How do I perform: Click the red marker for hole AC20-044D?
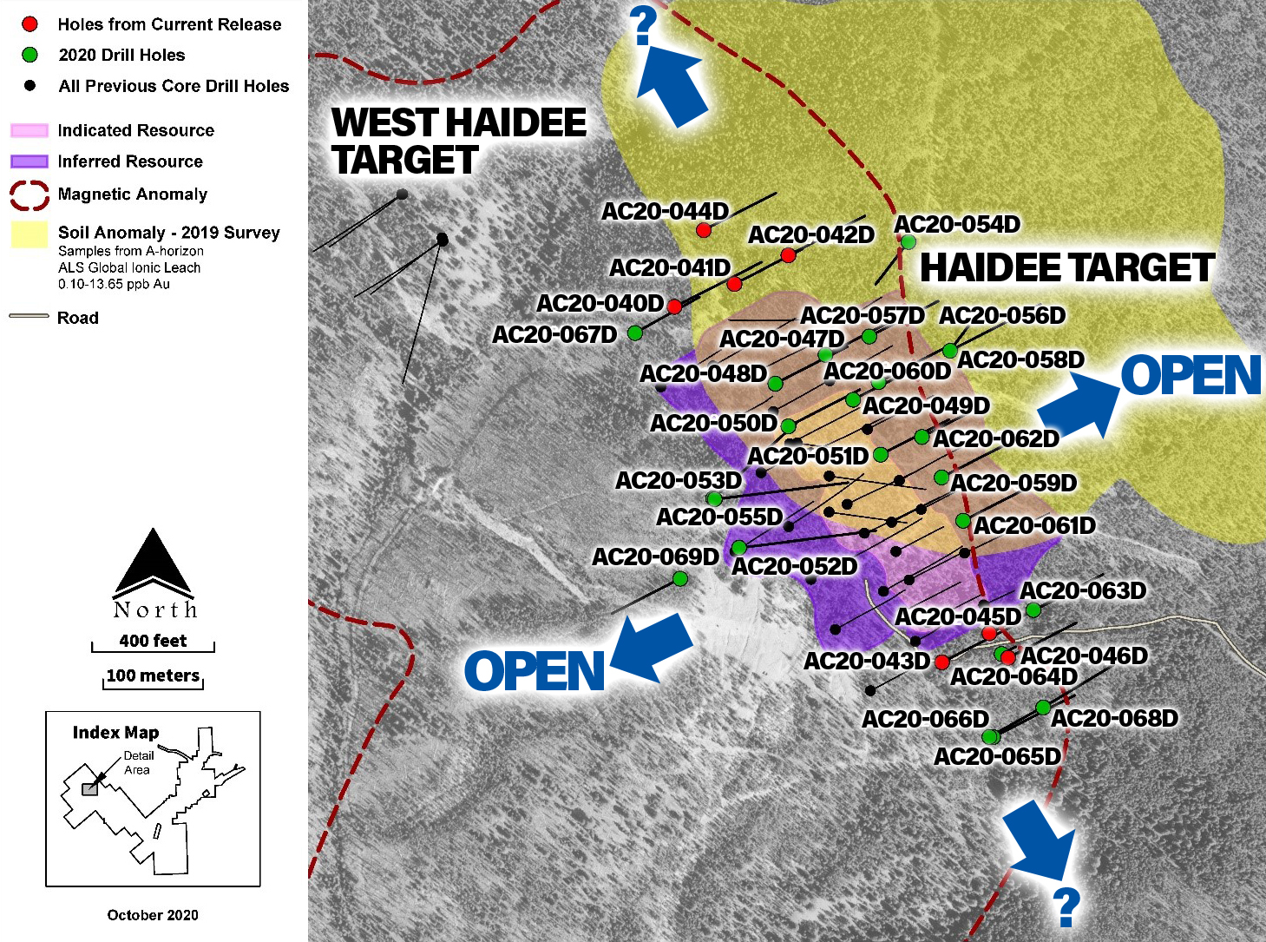click(x=704, y=230)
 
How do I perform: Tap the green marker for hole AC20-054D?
click(x=908, y=241)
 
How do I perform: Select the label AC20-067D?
click(x=554, y=335)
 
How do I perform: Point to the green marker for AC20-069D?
click(x=680, y=578)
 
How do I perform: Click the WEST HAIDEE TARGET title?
click(x=458, y=141)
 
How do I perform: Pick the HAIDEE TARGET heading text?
click(x=1066, y=268)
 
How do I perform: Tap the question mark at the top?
click(x=644, y=26)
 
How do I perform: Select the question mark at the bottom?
click(x=1067, y=907)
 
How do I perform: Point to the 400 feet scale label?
click(x=153, y=641)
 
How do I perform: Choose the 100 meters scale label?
click(x=153, y=675)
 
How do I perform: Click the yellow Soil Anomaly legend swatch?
click(x=30, y=234)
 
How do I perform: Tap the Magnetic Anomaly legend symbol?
click(x=30, y=195)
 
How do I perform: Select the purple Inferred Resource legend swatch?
click(x=30, y=161)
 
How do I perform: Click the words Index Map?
click(x=115, y=733)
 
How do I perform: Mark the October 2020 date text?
click(x=153, y=915)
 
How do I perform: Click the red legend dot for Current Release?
click(x=30, y=24)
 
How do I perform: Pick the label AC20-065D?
click(x=997, y=757)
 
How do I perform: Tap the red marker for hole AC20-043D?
click(x=941, y=662)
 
